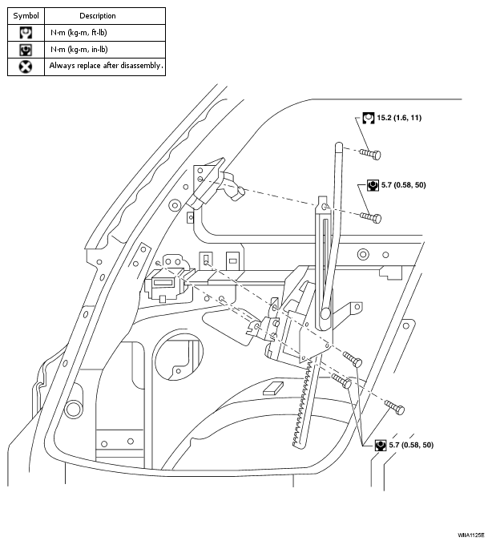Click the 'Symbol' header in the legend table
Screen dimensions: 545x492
click(x=26, y=15)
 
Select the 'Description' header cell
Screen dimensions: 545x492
click(x=98, y=15)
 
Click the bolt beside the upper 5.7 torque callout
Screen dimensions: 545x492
click(x=369, y=216)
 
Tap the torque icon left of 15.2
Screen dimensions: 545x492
click(x=367, y=118)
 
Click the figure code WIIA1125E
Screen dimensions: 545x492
click(x=471, y=534)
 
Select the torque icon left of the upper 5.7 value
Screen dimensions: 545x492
click(x=373, y=184)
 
